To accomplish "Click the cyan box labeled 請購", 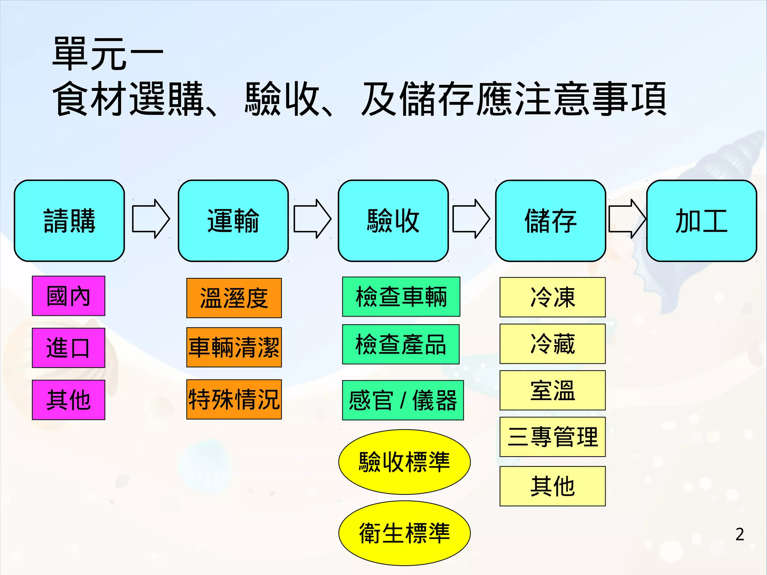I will click(69, 221).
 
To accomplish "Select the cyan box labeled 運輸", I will click(233, 221).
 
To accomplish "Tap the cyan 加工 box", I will click(701, 221).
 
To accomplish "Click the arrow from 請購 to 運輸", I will click(151, 219).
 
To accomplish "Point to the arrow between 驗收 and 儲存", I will click(471, 219).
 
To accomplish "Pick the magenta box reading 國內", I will click(69, 296).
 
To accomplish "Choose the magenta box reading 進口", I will click(69, 348).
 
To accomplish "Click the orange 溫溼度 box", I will click(234, 298).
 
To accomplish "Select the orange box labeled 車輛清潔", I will click(234, 347).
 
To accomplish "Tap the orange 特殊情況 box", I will click(234, 399).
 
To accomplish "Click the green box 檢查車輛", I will click(401, 297).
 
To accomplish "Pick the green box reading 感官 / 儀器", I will click(403, 400).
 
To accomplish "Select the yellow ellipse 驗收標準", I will click(404, 462).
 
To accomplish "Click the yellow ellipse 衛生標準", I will click(404, 533).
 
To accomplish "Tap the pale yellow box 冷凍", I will click(552, 297).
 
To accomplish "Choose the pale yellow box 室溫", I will click(552, 390).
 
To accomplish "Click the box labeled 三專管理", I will click(552, 437).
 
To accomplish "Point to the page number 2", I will click(739, 534).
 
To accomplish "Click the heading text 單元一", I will click(108, 54).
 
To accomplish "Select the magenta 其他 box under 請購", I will click(69, 400).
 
